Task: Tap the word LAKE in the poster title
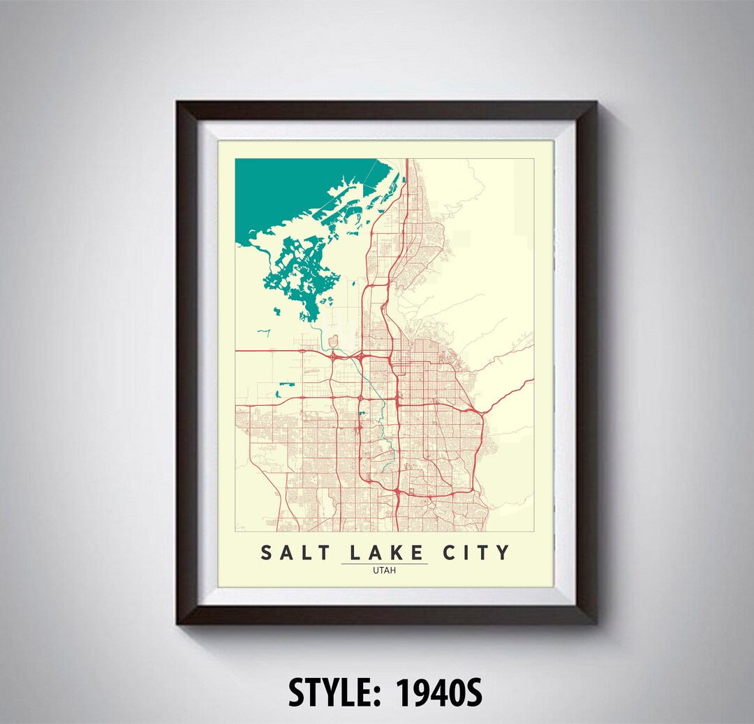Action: pyautogui.click(x=385, y=552)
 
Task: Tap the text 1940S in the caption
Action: pyautogui.click(x=438, y=694)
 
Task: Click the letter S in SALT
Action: pyautogui.click(x=267, y=552)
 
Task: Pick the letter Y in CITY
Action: pyautogui.click(x=503, y=552)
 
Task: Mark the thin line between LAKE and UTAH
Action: pyautogui.click(x=385, y=564)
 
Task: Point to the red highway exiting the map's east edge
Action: pyautogui.click(x=532, y=380)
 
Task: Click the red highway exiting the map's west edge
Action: pyautogui.click(x=237, y=351)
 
